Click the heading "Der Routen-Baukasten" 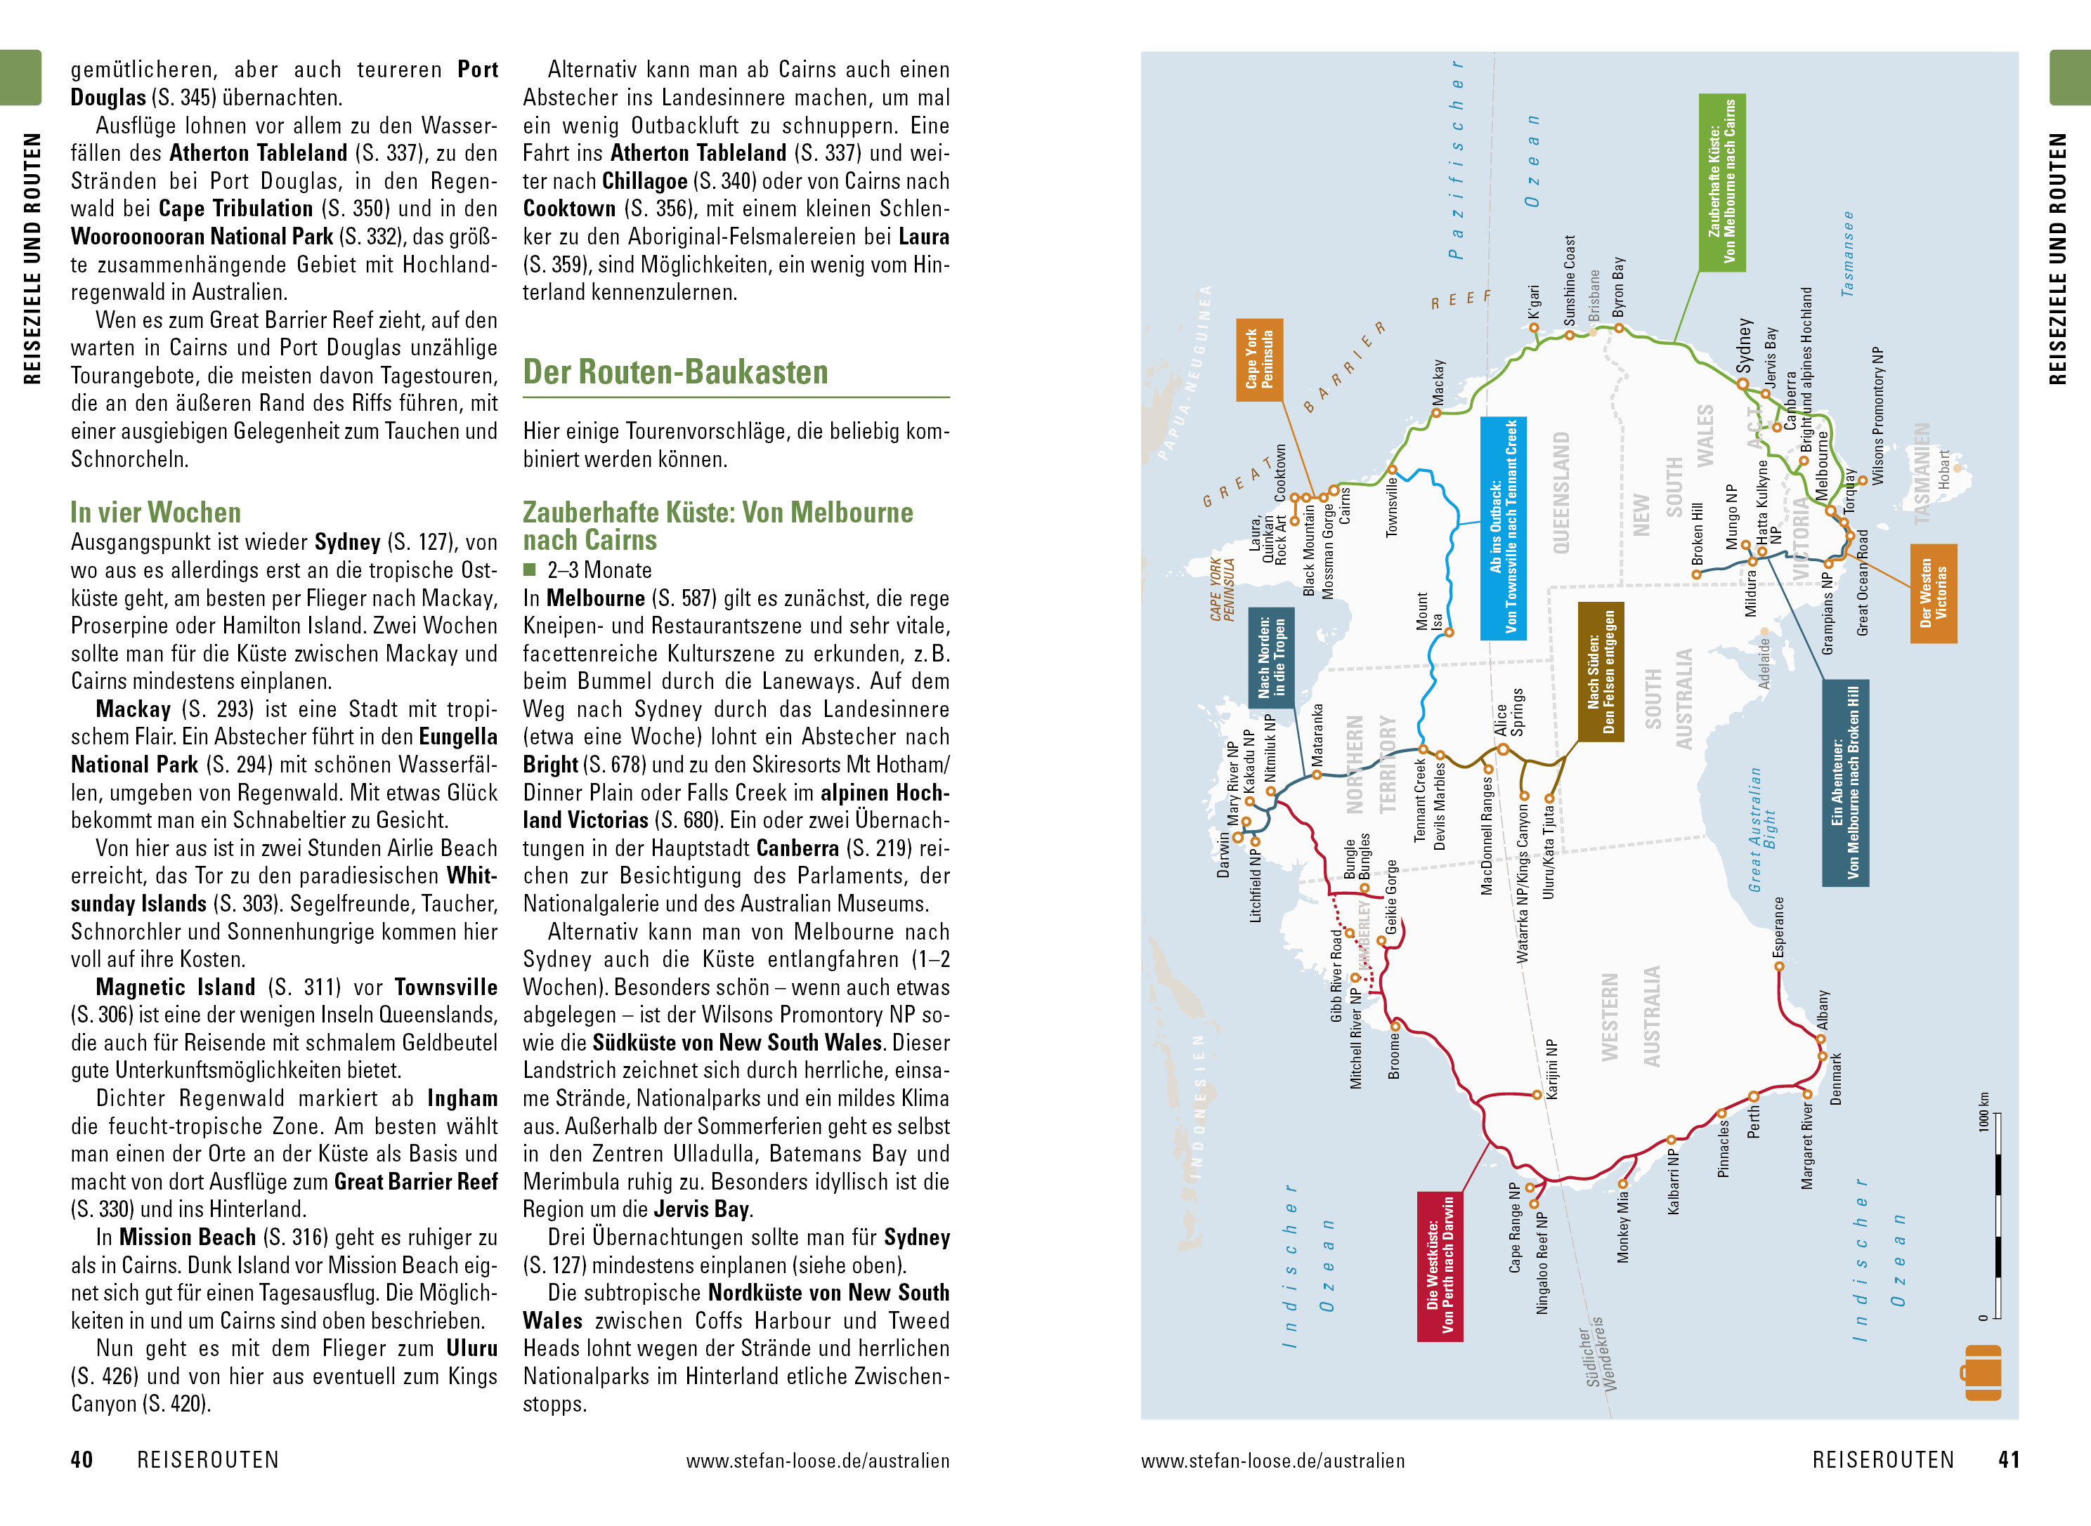(675, 372)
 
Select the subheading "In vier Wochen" (155, 512)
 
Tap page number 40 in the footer (82, 1459)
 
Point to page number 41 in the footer (2008, 1459)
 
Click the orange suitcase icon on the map (1981, 1372)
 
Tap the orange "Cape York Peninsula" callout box (1258, 360)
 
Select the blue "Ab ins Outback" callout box (1502, 527)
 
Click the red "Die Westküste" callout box (1440, 1265)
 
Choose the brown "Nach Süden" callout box (1601, 671)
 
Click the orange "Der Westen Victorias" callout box (1933, 593)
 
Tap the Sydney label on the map (1744, 345)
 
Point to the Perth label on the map (1754, 1123)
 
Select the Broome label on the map (1394, 1055)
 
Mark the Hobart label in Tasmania (1944, 469)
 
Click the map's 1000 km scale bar (1996, 1215)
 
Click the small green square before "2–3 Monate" (530, 570)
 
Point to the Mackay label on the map (1438, 381)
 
